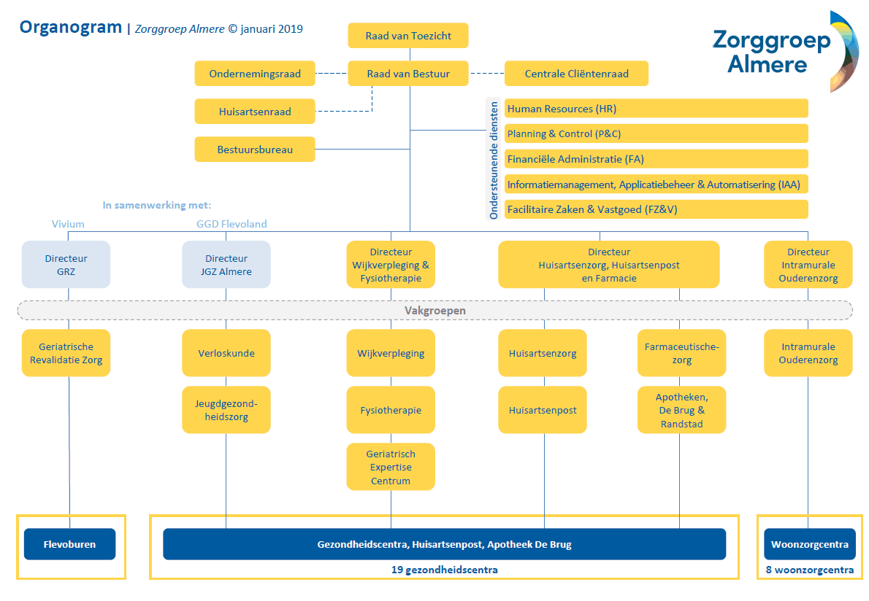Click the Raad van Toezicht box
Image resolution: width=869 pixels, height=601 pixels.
point(407,35)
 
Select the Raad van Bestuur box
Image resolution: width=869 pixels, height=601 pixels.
point(407,73)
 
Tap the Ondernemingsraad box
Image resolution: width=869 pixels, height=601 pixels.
point(255,73)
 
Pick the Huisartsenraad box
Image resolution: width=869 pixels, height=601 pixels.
point(255,112)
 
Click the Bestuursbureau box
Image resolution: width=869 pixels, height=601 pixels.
point(255,150)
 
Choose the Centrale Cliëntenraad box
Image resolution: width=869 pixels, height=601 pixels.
point(576,73)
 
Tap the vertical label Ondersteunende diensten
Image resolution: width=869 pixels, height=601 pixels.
point(494,160)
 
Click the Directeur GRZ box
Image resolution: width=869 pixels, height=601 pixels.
point(66,265)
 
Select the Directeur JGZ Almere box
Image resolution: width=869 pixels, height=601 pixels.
point(226,265)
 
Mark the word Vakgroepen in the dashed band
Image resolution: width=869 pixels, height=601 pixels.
point(435,311)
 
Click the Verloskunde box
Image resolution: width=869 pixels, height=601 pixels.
point(226,353)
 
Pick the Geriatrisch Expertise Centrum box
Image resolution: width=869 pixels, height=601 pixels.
point(391,467)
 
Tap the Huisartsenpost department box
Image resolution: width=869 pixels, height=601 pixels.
point(543,410)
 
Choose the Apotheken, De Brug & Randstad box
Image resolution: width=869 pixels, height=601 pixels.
point(681,410)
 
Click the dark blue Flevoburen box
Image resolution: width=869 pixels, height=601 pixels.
point(70,544)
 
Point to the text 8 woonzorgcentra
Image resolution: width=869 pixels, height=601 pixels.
point(808,570)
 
